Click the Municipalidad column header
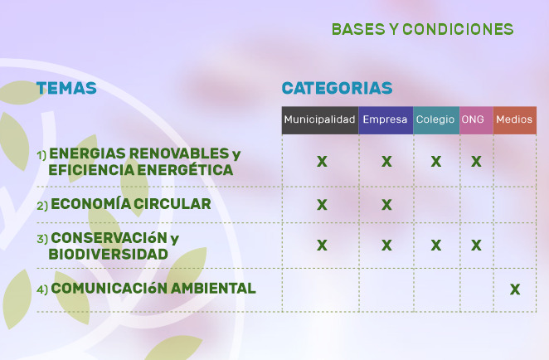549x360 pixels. click(320, 120)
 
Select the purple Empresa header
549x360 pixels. click(386, 120)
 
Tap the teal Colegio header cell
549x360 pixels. click(436, 120)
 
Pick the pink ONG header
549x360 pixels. click(476, 120)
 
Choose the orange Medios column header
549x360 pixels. click(515, 120)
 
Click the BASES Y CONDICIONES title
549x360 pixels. click(423, 29)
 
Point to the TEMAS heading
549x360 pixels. click(66, 88)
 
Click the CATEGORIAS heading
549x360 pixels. click(337, 88)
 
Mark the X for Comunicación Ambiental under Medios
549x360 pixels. click(515, 289)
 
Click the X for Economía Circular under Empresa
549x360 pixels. click(386, 205)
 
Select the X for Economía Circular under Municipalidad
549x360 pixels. click(322, 205)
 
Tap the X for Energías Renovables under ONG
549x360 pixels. click(476, 162)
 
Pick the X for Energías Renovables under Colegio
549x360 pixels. click(436, 162)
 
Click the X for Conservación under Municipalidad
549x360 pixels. click(322, 246)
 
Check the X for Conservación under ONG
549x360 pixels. click(476, 246)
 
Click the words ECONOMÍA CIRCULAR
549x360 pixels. click(131, 204)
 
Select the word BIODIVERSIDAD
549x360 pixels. click(108, 255)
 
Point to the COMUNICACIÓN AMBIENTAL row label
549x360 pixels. click(153, 289)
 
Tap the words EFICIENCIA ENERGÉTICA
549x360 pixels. click(141, 170)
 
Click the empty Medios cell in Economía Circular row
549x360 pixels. click(515, 205)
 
